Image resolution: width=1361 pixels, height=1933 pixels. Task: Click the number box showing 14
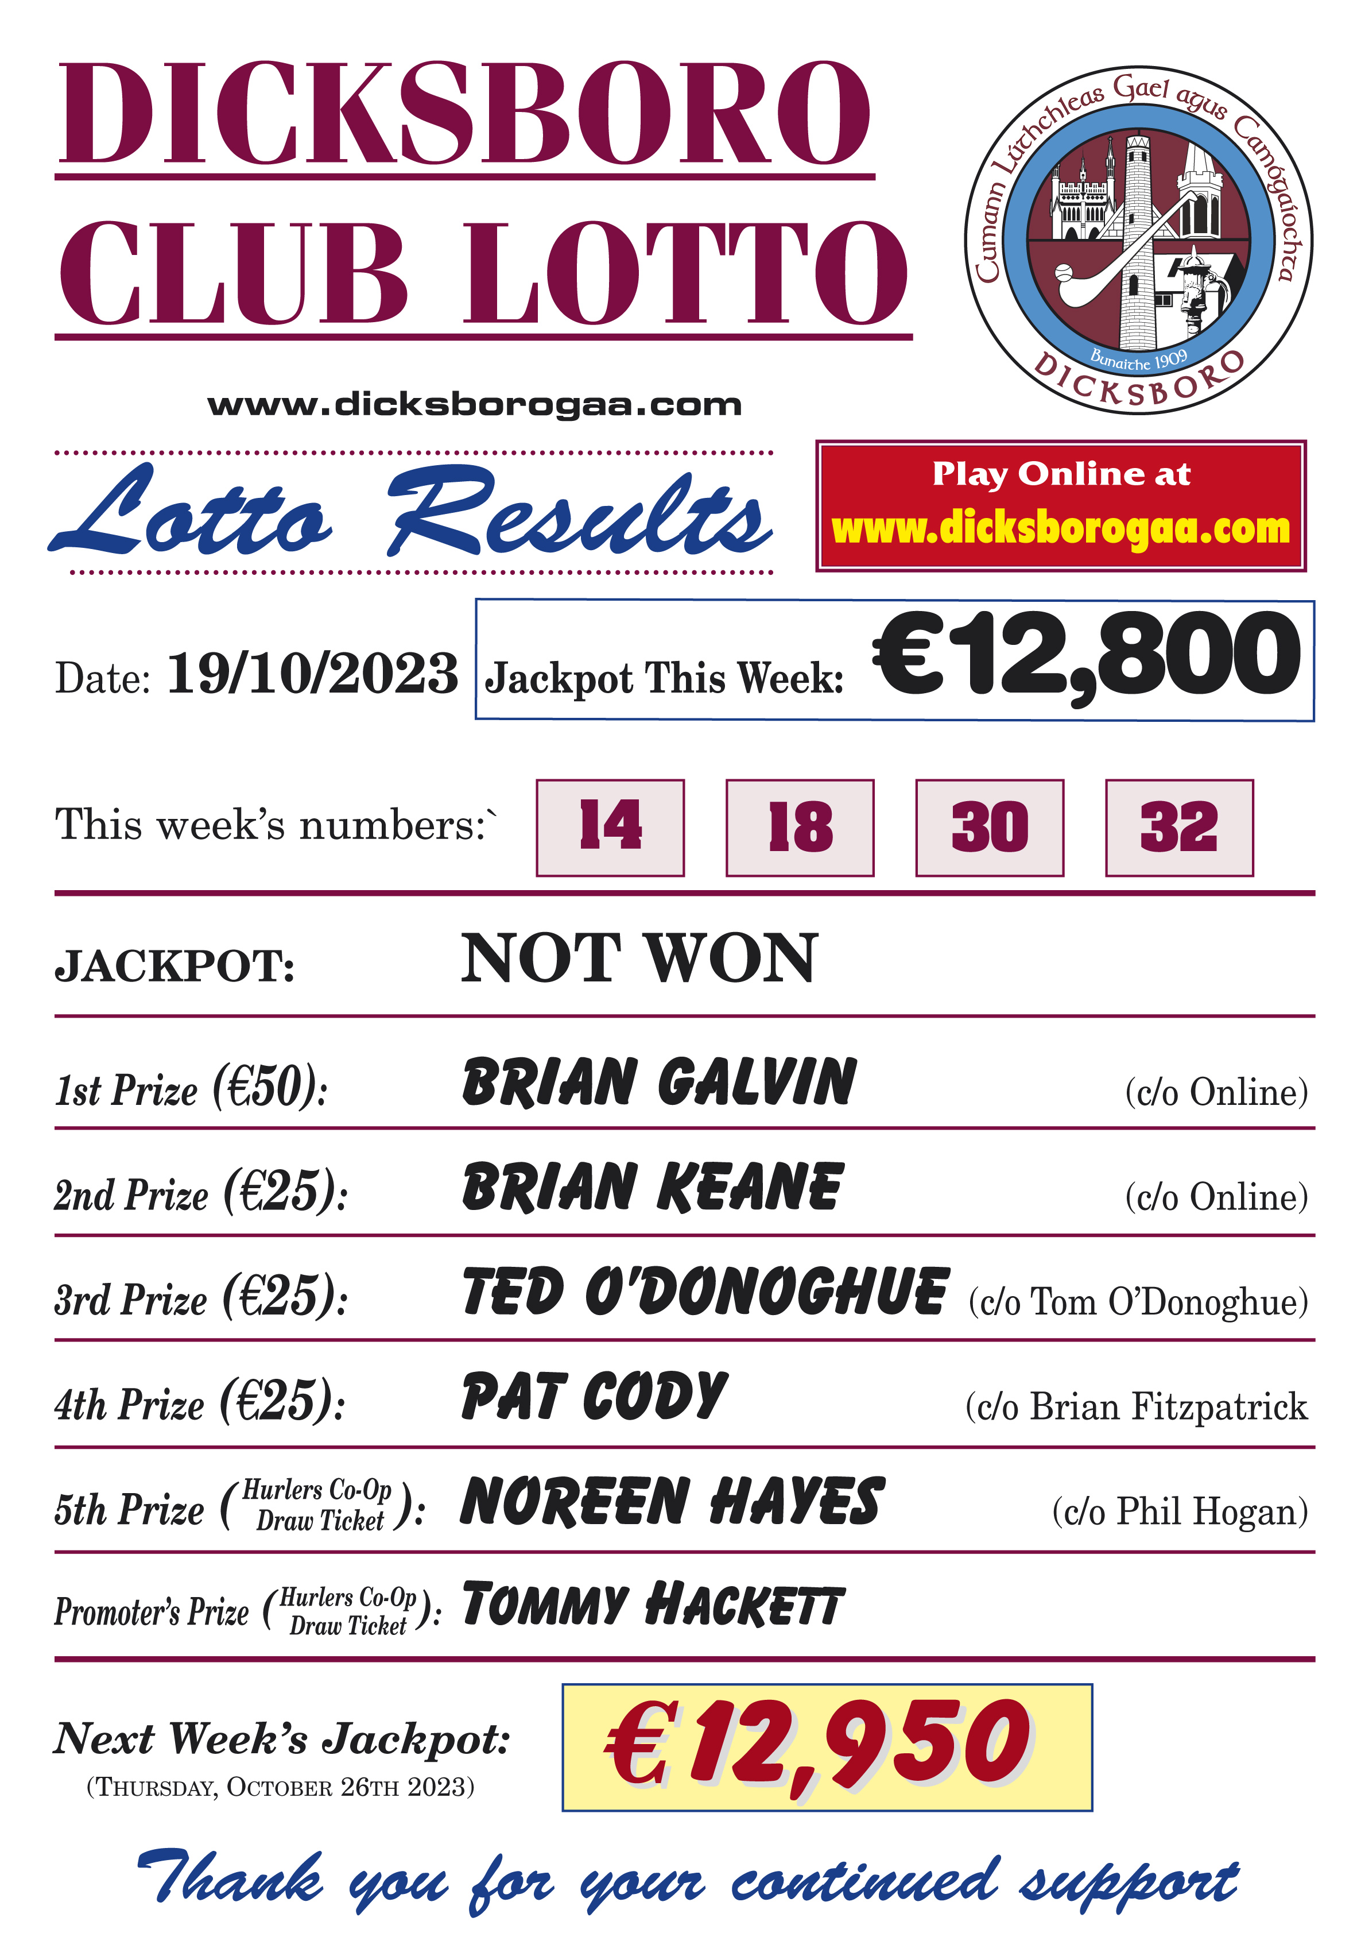(x=610, y=827)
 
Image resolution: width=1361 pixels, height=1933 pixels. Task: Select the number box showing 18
(x=799, y=827)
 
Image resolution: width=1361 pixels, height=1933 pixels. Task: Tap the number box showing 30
(x=989, y=827)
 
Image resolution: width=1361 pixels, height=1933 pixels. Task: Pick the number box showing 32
(x=1178, y=827)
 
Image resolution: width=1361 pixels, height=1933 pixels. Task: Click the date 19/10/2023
(x=312, y=674)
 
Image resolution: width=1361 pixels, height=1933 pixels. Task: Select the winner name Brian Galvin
(x=659, y=1082)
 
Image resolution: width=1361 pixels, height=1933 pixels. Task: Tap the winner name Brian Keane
(x=652, y=1187)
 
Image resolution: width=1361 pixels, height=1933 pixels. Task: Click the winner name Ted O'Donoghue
(x=705, y=1292)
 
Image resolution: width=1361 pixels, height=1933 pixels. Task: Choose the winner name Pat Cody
(x=594, y=1397)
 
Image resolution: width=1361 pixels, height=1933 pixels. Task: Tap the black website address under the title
(x=475, y=405)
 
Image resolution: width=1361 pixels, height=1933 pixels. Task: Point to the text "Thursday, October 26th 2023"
(x=280, y=1787)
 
